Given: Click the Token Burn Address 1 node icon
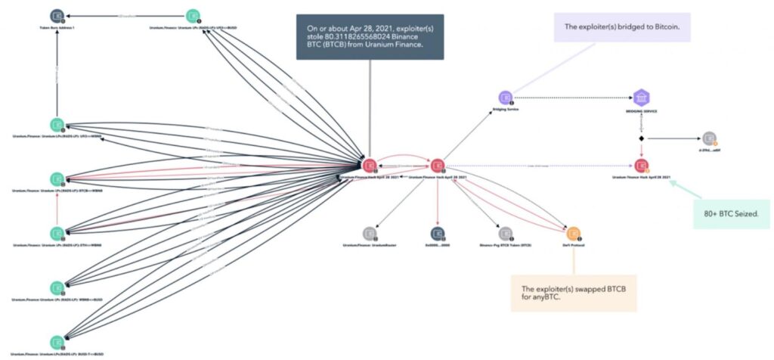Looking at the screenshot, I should (57, 15).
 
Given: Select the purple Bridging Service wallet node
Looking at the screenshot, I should (505, 98).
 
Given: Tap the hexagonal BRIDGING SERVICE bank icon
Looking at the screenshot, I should (641, 98).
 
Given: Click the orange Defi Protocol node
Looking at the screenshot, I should (573, 233).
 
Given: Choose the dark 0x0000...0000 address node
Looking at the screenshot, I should (437, 233).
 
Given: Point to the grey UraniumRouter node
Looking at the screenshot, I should (369, 233).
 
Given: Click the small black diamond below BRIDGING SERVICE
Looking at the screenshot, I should (641, 139).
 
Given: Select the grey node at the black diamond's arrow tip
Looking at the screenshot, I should (708, 138).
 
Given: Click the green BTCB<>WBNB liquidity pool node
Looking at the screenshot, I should (57, 178).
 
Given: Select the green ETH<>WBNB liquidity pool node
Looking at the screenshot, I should (57, 233).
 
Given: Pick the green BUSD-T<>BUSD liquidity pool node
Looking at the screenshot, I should (57, 341).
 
